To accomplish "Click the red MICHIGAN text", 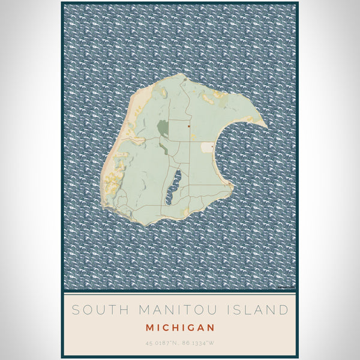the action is (x=180, y=328).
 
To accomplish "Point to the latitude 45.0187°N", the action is (x=161, y=343).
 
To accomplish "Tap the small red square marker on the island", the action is (x=188, y=126).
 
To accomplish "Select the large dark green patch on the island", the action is (x=163, y=128).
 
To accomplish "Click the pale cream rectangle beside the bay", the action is (x=207, y=147).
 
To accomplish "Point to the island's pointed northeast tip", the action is (x=265, y=125).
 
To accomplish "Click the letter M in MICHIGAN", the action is (x=149, y=328).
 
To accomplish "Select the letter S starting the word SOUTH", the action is (x=76, y=310).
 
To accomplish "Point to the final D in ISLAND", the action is (x=283, y=310).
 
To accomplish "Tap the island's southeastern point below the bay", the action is (x=231, y=187).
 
